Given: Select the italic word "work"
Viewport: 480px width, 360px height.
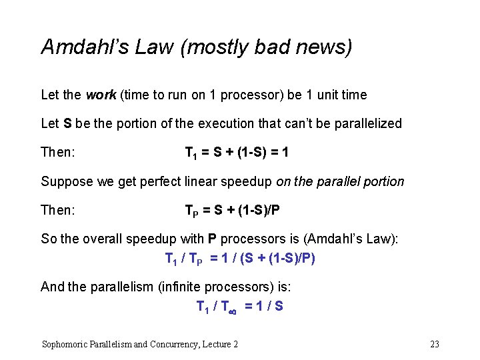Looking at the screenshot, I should [101, 95].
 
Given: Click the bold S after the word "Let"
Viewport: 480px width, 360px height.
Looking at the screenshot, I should [67, 123].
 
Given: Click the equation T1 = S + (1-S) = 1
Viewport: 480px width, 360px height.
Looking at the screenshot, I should [236, 153].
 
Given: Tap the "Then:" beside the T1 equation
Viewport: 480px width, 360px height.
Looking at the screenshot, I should [57, 153].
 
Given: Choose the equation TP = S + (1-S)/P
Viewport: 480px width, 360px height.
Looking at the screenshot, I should [232, 211].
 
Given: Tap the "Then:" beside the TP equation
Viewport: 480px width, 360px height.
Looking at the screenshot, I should [57, 211].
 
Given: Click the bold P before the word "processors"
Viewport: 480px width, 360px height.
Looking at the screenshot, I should [212, 239].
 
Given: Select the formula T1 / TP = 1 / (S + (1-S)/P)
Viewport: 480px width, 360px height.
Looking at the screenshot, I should [240, 258].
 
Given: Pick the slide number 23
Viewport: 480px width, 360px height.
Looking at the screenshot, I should [435, 344].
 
